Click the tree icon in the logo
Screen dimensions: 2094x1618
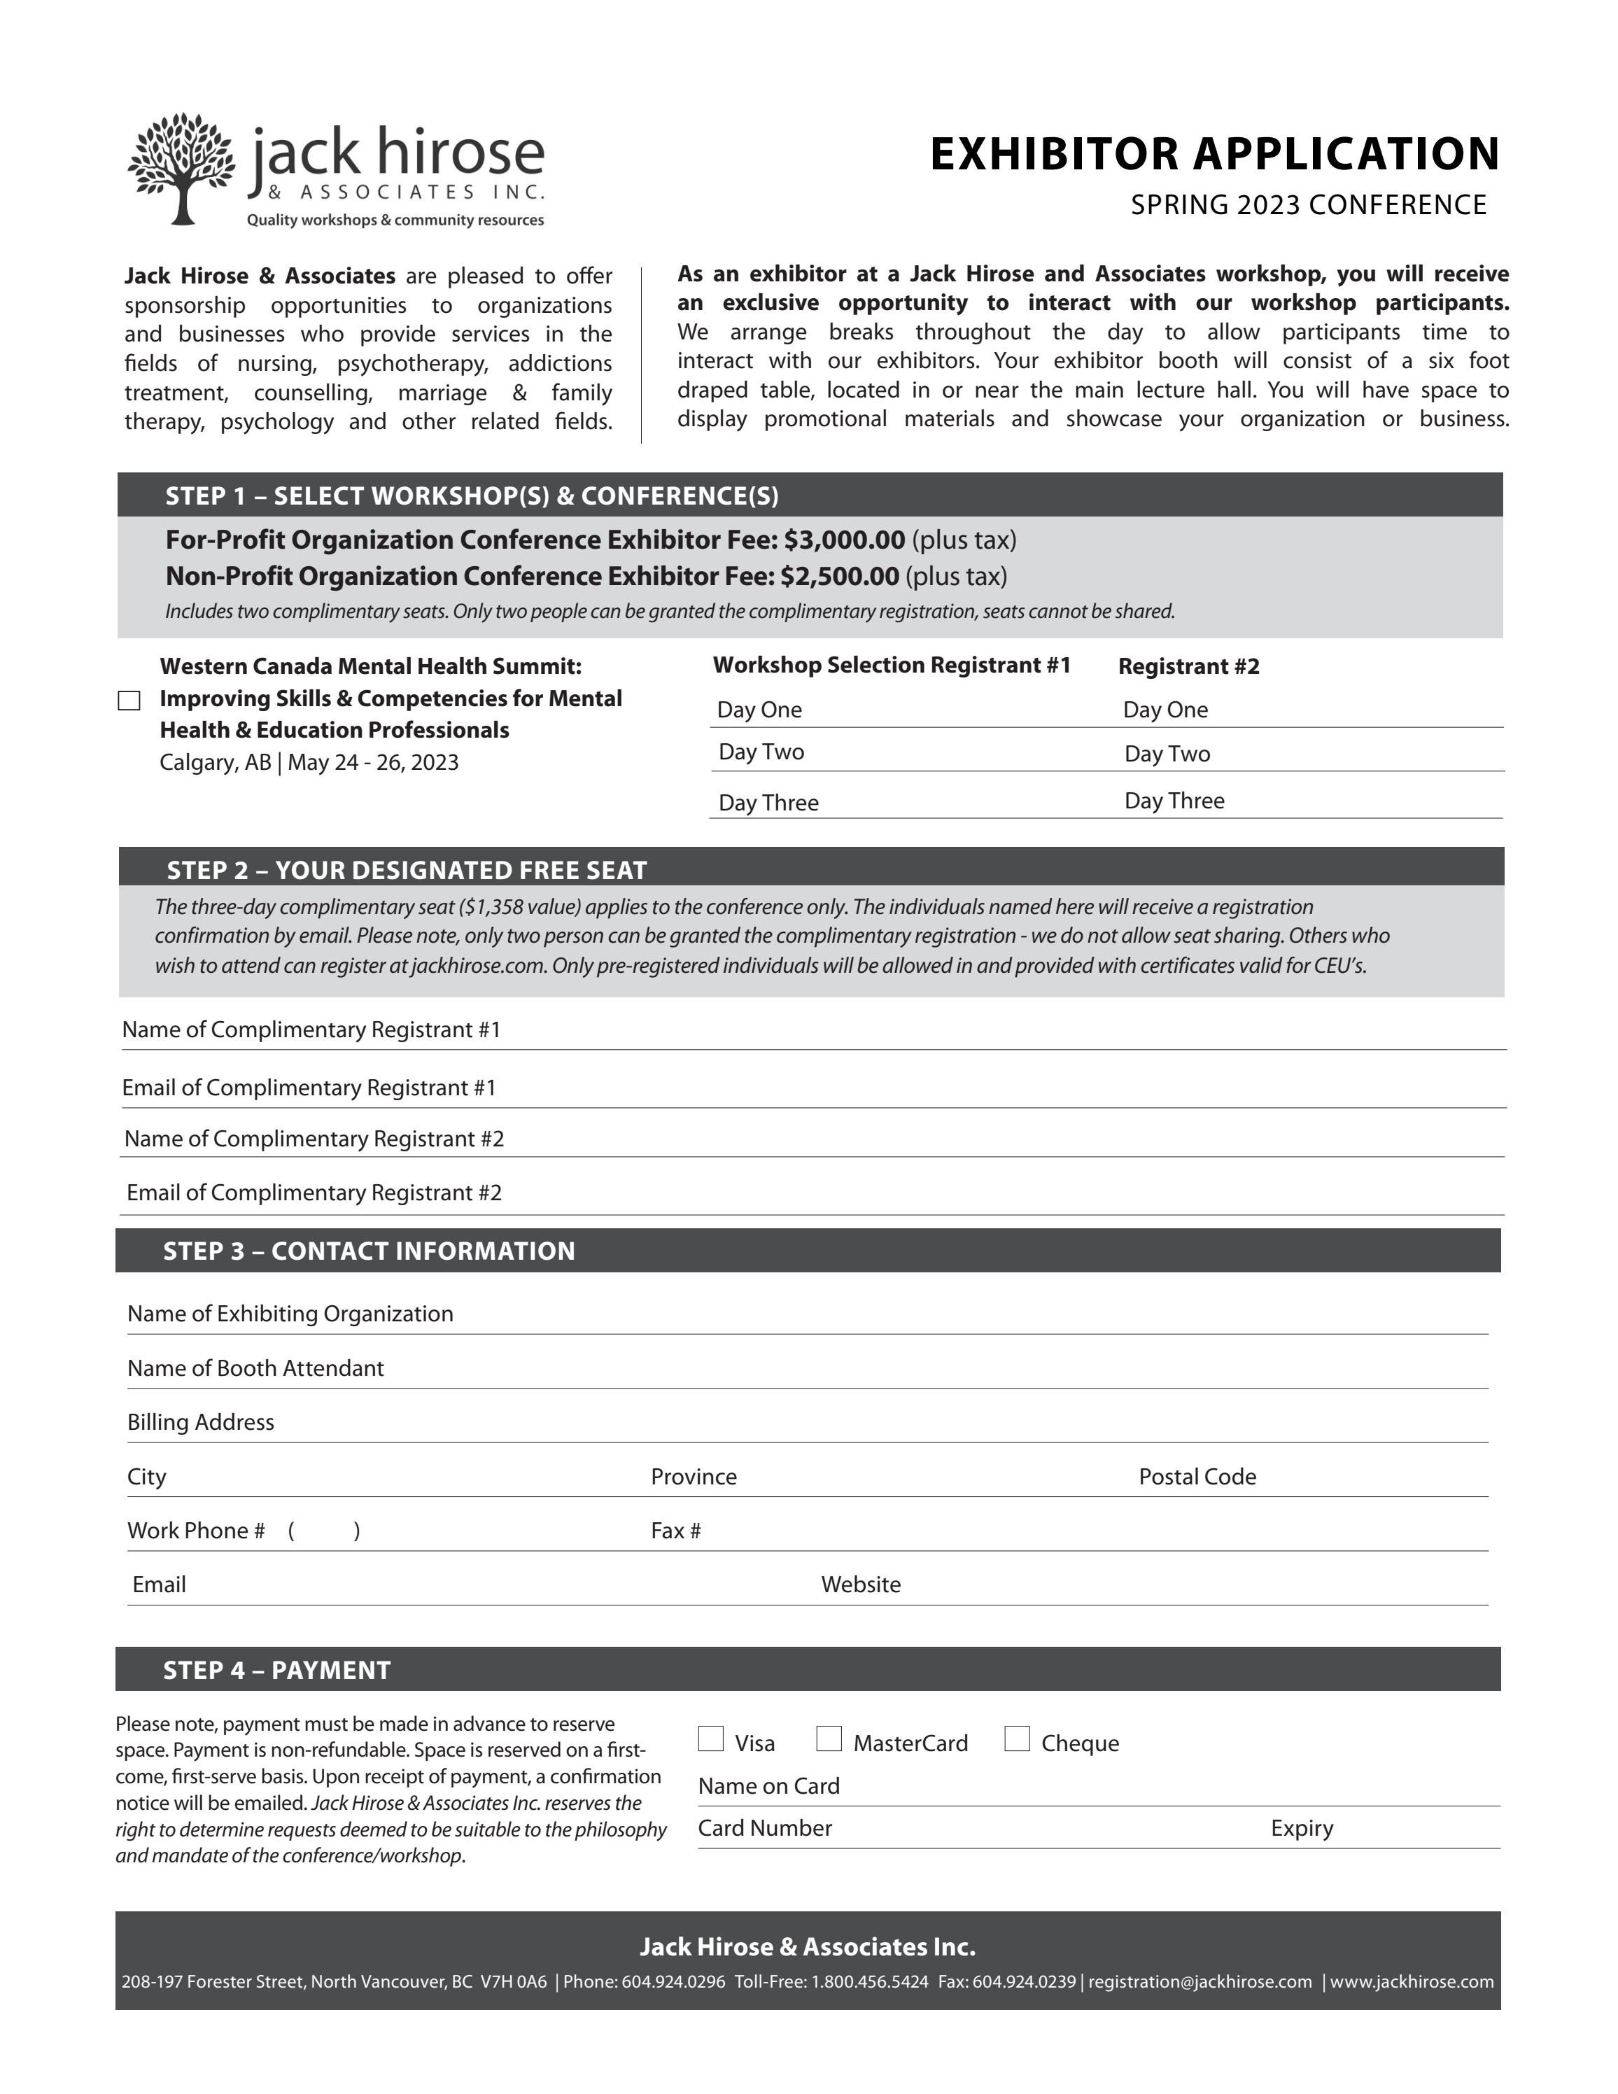pos(181,169)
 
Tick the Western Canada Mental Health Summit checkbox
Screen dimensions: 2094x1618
pos(129,701)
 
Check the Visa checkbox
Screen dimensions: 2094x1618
pos(710,1738)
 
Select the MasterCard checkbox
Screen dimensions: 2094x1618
pos(829,1738)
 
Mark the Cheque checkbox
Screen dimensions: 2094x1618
pos(1017,1738)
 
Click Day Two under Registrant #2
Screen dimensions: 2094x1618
pos(1167,754)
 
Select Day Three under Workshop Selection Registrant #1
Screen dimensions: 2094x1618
pos(768,803)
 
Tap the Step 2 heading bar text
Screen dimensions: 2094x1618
pos(407,870)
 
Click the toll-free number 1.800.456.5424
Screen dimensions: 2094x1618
pos(869,1981)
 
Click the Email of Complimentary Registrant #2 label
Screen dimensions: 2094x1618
pos(314,1192)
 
